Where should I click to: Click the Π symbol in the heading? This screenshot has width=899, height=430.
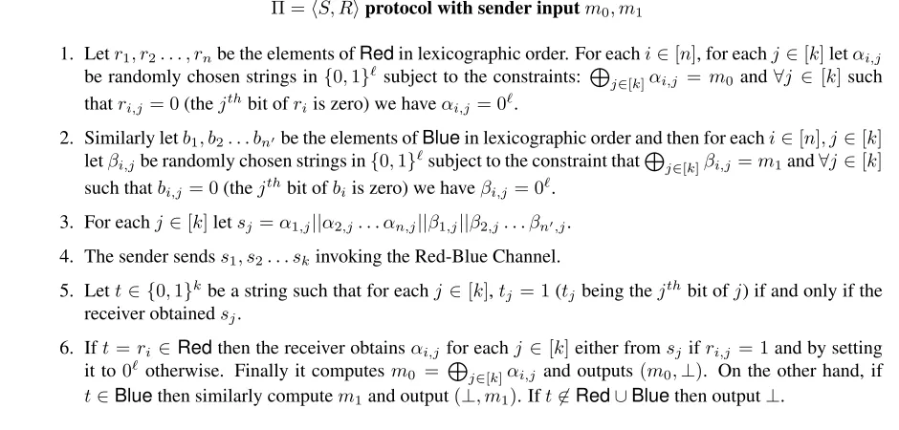tap(277, 10)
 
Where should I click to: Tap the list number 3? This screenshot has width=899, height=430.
tap(67, 222)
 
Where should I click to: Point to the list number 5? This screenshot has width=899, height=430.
tap(67, 290)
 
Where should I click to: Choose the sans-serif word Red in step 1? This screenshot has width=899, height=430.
tap(377, 54)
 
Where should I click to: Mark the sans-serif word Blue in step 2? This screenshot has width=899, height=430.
tap(441, 139)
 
